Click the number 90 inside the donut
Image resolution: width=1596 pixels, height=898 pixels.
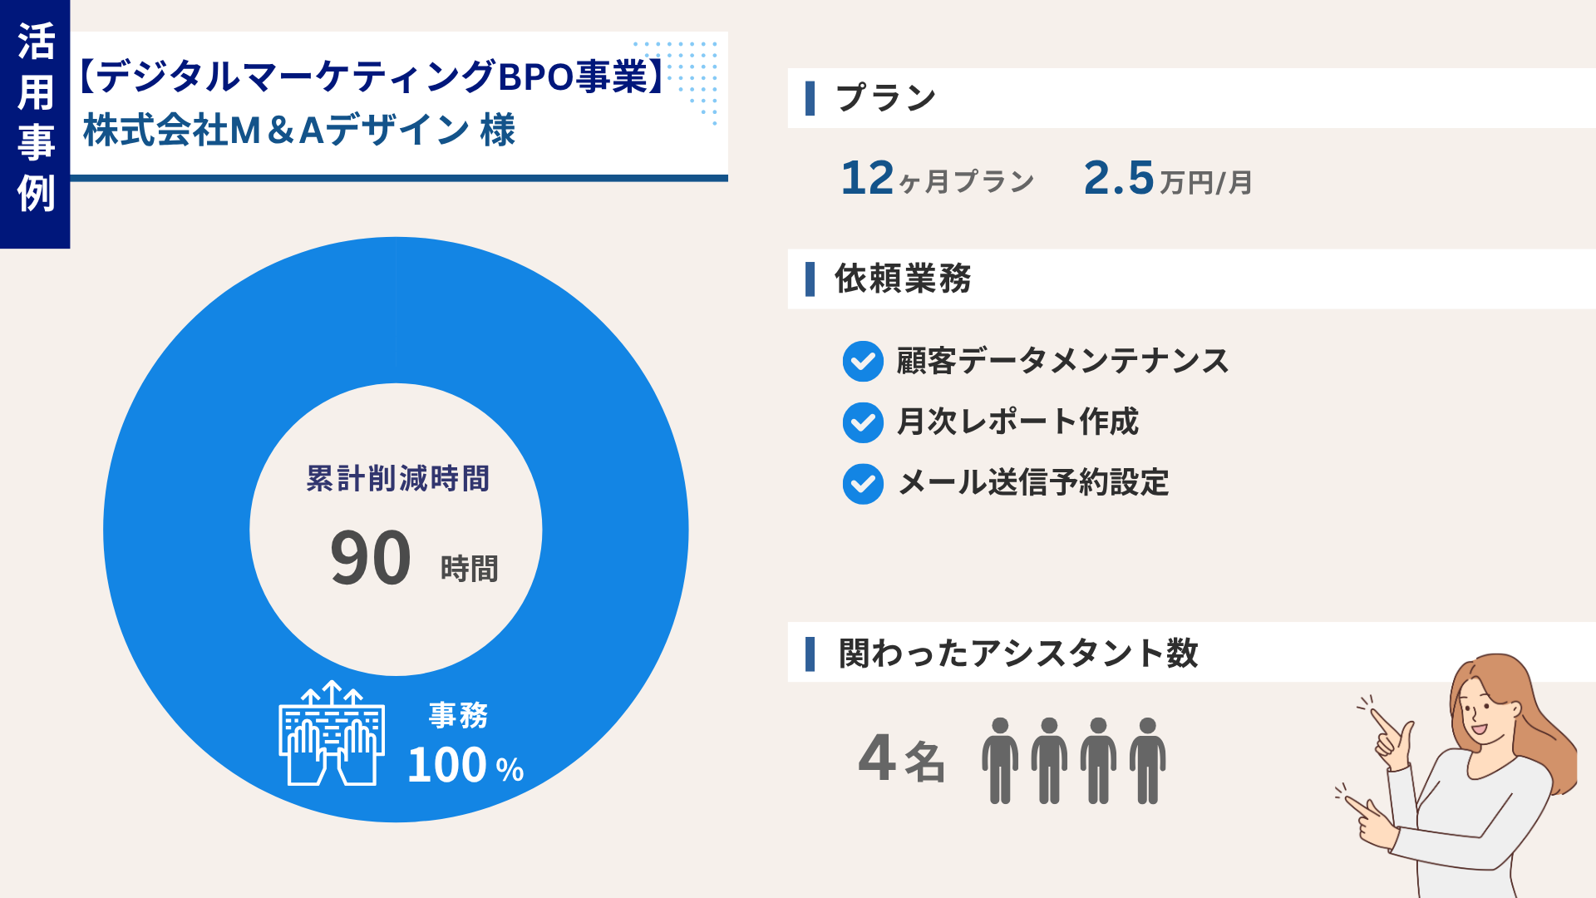[x=371, y=558]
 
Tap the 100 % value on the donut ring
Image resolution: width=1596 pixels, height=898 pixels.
[x=465, y=766]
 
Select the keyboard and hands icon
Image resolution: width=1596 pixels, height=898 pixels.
[x=332, y=734]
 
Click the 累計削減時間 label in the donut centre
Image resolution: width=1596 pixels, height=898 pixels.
[x=397, y=479]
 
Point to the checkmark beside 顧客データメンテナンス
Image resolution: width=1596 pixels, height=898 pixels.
[x=863, y=362]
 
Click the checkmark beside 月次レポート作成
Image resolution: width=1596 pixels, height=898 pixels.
[x=863, y=422]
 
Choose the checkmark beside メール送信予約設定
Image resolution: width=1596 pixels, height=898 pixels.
[x=863, y=484]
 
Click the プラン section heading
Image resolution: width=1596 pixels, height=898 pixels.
[x=885, y=98]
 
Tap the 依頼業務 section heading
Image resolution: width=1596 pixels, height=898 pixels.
[x=903, y=279]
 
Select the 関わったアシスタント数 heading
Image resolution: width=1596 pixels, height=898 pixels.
[x=1017, y=653]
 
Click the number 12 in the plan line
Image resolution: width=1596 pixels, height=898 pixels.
[x=867, y=178]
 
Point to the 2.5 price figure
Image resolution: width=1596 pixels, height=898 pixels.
[x=1119, y=178]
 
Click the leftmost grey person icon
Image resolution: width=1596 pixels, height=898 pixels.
[x=1000, y=760]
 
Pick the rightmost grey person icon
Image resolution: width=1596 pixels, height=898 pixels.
[x=1147, y=760]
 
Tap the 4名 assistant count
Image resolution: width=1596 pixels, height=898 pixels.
[x=901, y=758]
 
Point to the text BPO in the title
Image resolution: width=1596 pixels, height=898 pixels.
[x=535, y=76]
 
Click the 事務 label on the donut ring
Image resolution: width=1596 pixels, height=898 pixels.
[x=458, y=715]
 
